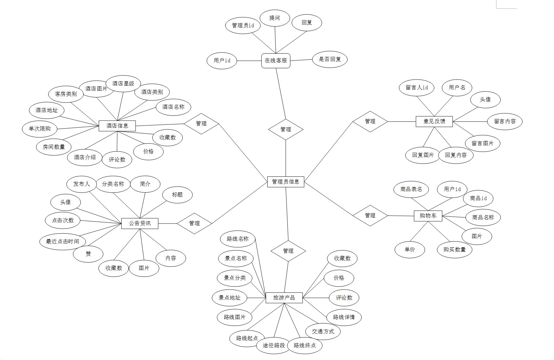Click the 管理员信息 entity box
tap(285, 182)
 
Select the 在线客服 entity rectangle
tap(276, 60)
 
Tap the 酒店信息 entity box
tap(117, 126)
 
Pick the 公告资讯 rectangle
tap(140, 223)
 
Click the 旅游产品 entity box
tap(284, 298)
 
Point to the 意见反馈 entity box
tap(434, 122)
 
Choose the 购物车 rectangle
tap(428, 216)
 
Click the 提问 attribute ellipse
tap(275, 18)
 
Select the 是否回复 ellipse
tap(330, 59)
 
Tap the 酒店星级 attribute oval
tap(123, 84)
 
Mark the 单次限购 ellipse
tap(40, 129)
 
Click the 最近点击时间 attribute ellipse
tap(62, 241)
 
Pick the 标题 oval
tap(177, 195)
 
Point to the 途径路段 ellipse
tap(274, 345)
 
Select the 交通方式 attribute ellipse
tap(323, 331)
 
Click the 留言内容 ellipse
tap(505, 122)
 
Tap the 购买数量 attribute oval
tap(455, 250)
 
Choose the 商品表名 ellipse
tap(411, 189)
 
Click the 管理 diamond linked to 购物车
tap(370, 215)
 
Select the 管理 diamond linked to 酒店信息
tap(201, 124)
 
